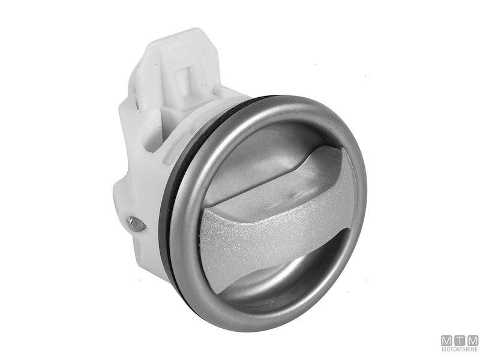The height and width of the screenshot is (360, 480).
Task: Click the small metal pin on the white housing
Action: tap(136, 224)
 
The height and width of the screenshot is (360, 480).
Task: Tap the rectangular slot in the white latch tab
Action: tap(186, 81)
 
